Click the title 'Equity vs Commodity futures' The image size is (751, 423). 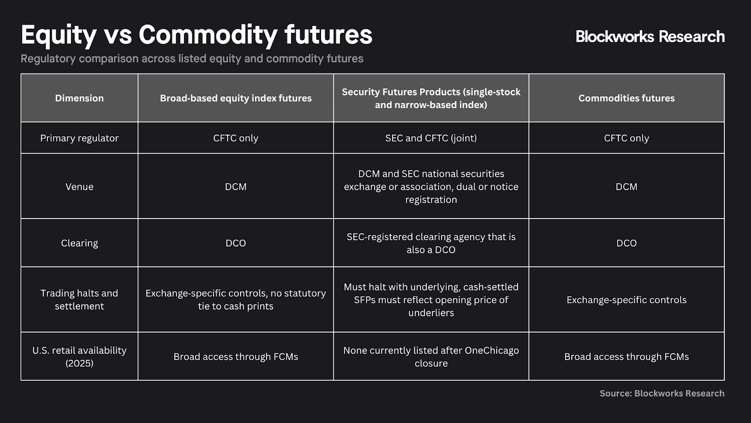pos(196,35)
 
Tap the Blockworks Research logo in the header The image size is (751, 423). pos(650,37)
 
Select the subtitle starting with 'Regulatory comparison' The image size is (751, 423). pos(192,59)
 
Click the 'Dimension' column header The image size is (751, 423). pos(79,98)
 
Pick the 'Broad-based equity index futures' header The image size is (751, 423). pos(236,98)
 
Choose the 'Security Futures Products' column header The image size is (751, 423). pos(431,98)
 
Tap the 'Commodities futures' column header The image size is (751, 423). pos(626,98)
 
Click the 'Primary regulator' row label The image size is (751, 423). pos(79,138)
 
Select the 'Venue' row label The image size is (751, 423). pos(79,187)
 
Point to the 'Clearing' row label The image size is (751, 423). pos(79,243)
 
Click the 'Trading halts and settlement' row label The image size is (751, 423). pos(79,299)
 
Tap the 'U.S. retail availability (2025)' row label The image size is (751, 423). pos(79,357)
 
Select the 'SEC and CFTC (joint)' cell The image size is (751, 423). pos(431,138)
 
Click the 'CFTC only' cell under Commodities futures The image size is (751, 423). pos(626,138)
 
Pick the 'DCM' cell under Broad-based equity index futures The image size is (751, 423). pos(236,187)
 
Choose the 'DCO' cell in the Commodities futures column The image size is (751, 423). pos(626,243)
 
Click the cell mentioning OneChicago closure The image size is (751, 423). pos(431,357)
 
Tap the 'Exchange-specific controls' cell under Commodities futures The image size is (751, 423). pos(626,300)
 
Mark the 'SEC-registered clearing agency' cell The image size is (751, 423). pos(431,243)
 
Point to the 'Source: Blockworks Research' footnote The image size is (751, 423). pos(662,393)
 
